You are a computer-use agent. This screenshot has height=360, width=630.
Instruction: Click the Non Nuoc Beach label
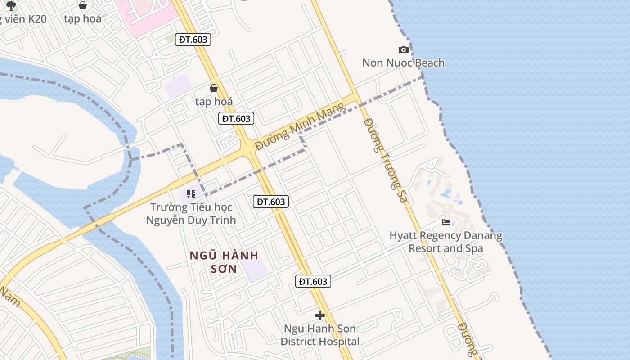pyautogui.click(x=403, y=63)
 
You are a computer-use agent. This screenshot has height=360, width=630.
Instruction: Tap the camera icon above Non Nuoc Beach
pyautogui.click(x=404, y=49)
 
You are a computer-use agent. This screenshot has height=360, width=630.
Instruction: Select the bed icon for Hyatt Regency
pyautogui.click(x=446, y=222)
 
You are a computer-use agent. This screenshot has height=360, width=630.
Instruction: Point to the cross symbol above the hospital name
pyautogui.click(x=320, y=315)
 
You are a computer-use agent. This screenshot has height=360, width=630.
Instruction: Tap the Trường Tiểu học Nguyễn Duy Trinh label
pyautogui.click(x=191, y=214)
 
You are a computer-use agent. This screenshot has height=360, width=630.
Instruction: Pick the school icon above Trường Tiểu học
pyautogui.click(x=191, y=194)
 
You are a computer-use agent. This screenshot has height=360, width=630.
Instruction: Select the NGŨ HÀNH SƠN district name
pyautogui.click(x=224, y=262)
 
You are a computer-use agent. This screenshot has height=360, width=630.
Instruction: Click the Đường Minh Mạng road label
pyautogui.click(x=300, y=126)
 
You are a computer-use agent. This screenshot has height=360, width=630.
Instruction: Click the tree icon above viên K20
pyautogui.click(x=11, y=5)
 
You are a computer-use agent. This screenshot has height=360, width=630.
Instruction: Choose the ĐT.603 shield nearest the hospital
pyautogui.click(x=313, y=282)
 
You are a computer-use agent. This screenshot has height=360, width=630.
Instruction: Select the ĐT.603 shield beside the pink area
pyautogui.click(x=193, y=40)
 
